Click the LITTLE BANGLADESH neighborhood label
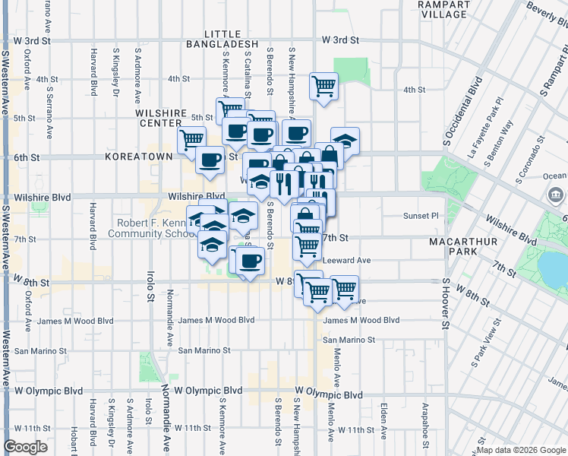coord(222,40)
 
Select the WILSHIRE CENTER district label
coord(161,118)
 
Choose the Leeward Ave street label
coord(346,260)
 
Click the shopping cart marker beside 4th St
coord(324,86)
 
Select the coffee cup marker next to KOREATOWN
coord(210,160)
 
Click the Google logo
coord(26,446)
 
